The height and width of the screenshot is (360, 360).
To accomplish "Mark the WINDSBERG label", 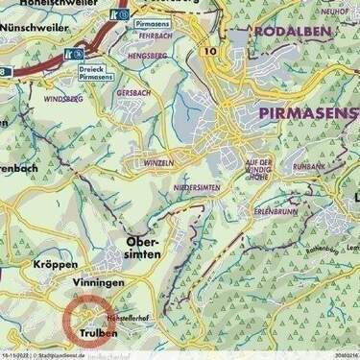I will click(63, 98).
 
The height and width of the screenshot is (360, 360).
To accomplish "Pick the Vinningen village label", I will click(99, 284).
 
